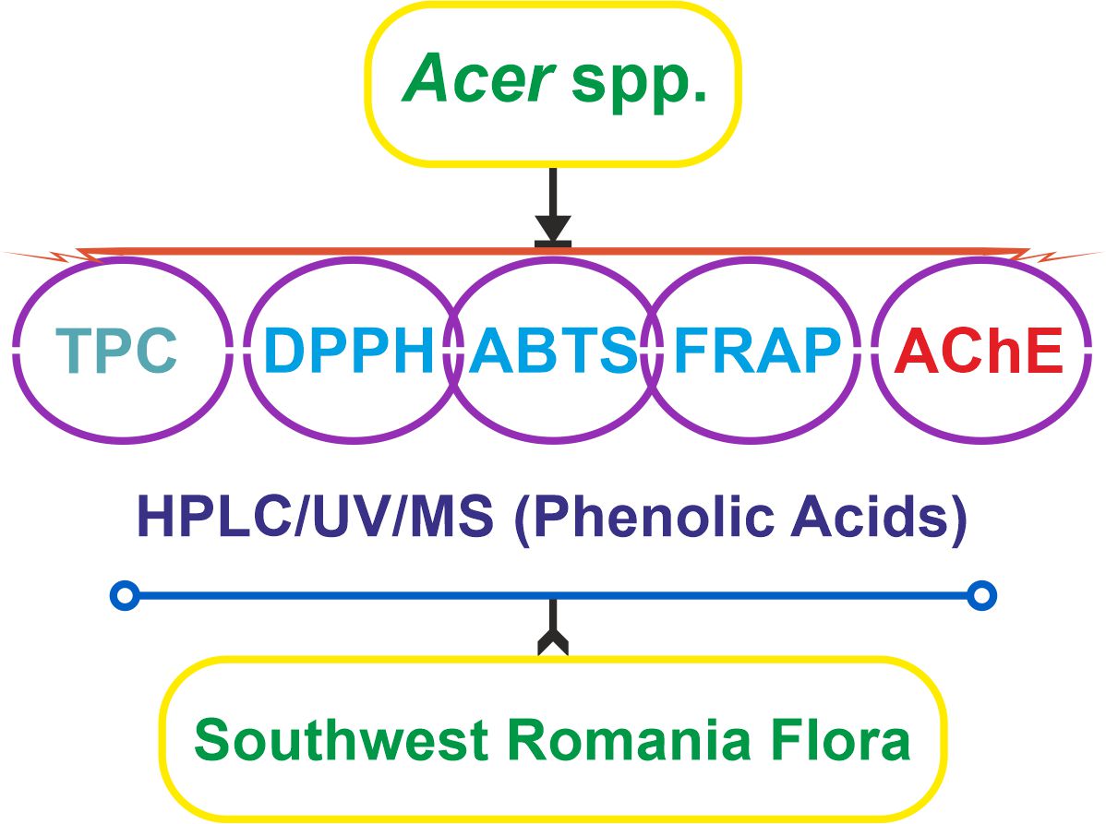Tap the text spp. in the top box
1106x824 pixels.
pyautogui.click(x=639, y=83)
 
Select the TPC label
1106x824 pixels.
pyautogui.click(x=115, y=349)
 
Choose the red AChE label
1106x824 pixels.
pyautogui.click(x=979, y=351)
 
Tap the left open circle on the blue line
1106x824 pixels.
pyautogui.click(x=125, y=596)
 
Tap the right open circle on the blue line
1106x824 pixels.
pyautogui.click(x=982, y=596)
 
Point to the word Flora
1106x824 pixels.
pyautogui.click(x=843, y=741)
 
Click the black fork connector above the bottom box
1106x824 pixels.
pyautogui.click(x=552, y=640)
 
